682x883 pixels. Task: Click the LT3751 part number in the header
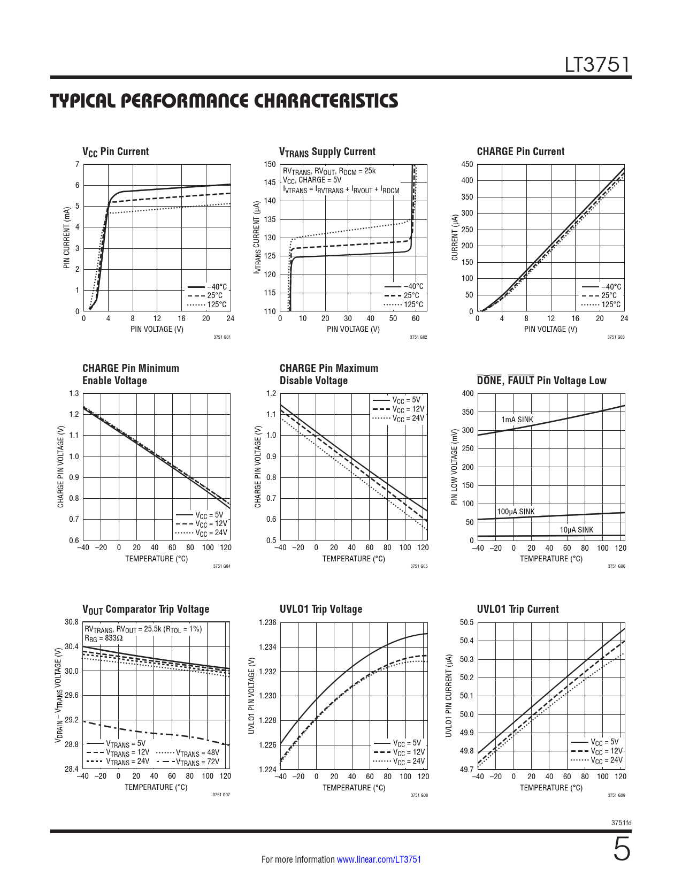[597, 65]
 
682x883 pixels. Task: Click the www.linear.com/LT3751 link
[379, 859]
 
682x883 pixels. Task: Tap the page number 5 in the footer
[621, 850]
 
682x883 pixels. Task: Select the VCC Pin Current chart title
[116, 152]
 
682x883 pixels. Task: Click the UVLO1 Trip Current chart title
[517, 609]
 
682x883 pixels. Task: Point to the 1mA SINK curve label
[517, 420]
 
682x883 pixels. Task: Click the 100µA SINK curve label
[516, 512]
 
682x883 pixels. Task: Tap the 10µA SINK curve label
[576, 530]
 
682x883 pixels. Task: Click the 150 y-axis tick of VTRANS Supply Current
[270, 164]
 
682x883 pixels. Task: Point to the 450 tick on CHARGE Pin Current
[467, 164]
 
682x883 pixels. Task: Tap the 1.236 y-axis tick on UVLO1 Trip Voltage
[267, 622]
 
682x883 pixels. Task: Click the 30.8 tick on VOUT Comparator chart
[72, 622]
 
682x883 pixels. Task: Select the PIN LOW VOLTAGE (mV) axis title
[455, 467]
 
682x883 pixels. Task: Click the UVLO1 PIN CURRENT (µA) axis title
[449, 695]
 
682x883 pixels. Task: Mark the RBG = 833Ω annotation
[104, 638]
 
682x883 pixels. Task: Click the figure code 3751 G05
[419, 566]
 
